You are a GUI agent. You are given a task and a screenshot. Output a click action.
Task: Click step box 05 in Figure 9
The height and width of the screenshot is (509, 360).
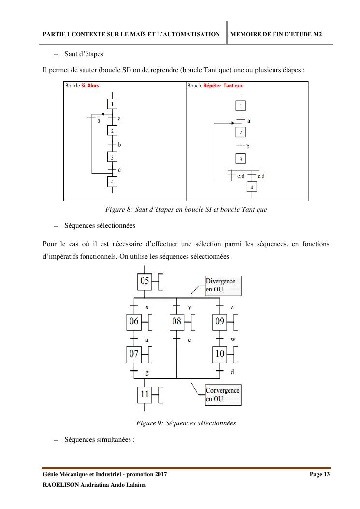145,280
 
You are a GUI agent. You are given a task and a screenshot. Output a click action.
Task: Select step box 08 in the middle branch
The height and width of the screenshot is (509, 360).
176,321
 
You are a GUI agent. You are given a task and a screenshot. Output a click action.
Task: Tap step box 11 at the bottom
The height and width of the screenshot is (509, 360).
144,394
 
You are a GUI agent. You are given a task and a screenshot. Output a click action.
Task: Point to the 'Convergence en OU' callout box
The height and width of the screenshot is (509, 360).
222,394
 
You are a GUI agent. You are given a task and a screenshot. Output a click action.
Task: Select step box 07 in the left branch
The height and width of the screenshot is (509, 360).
134,354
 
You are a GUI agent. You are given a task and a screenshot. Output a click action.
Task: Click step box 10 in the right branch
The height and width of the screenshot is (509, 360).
220,354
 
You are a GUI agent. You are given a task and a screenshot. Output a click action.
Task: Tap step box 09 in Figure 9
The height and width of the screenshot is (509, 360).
220,321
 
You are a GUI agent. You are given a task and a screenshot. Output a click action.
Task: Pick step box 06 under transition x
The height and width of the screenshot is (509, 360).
134,321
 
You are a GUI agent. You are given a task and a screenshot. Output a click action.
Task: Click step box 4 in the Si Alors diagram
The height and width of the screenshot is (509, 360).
112,182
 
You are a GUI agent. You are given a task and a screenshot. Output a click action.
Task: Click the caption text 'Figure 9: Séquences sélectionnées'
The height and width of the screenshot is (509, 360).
186,423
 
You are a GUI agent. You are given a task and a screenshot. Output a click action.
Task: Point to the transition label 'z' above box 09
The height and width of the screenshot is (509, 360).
232,307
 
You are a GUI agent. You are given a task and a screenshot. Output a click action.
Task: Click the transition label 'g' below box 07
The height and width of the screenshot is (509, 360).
147,372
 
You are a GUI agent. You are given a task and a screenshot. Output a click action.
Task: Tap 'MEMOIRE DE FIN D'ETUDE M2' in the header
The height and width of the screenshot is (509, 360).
276,34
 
